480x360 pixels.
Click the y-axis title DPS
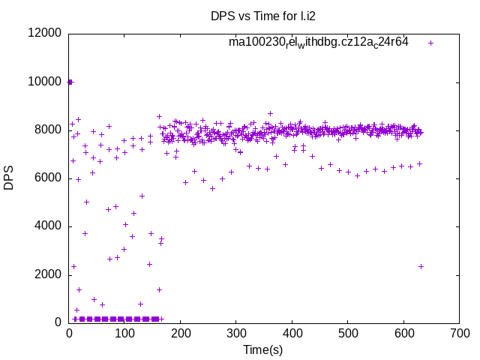[x=9, y=178]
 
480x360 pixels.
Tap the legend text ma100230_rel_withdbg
[x=318, y=43]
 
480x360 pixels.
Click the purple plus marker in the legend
[x=430, y=43]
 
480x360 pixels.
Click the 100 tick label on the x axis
[x=125, y=332]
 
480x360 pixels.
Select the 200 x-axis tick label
[x=181, y=332]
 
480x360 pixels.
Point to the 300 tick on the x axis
[x=236, y=332]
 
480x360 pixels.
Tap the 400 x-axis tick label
[x=292, y=332]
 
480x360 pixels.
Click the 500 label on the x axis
[x=347, y=332]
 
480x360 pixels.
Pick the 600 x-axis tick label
[x=403, y=332]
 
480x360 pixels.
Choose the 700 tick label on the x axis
[x=458, y=332]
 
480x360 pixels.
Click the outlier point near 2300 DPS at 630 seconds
[x=421, y=266]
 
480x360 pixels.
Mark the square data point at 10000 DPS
[x=70, y=82]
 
